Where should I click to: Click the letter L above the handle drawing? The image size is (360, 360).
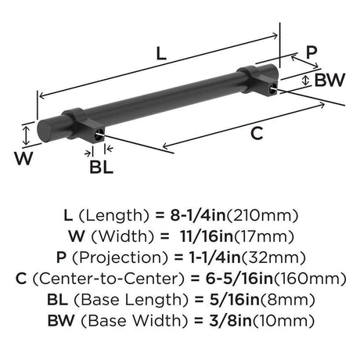(161, 54)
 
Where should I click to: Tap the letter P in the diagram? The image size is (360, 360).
(311, 52)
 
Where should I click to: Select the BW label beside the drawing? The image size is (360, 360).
(329, 80)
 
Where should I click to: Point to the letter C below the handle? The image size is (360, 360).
(257, 133)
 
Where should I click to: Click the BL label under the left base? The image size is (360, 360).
(101, 167)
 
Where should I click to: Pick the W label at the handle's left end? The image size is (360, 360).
(23, 158)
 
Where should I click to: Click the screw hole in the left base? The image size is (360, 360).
(98, 136)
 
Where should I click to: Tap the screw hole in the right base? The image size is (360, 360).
(272, 88)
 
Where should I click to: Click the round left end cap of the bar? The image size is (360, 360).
(43, 131)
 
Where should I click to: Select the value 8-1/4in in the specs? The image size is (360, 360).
(198, 215)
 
